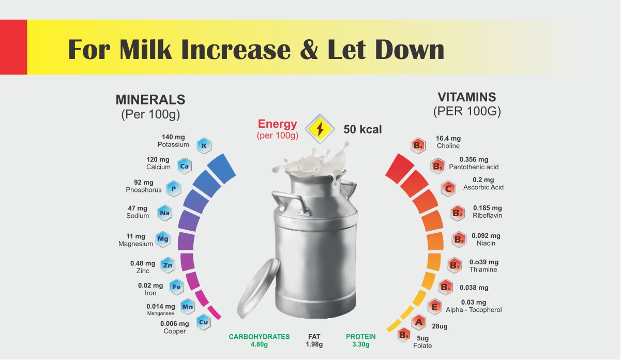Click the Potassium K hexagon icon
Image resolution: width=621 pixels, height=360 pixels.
pos(204,146)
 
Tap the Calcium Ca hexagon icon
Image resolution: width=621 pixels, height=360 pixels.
pos(184,166)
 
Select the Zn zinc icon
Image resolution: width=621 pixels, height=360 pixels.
pos(168,265)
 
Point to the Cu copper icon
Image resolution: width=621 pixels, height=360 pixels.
pos(204,322)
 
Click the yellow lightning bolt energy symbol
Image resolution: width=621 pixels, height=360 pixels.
pos(320,129)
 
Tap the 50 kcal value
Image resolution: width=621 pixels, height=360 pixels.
pos(362,129)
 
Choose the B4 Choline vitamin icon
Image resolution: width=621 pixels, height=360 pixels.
pos(418,146)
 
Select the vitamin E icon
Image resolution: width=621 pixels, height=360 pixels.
pos(435,307)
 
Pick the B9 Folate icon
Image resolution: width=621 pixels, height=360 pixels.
pos(404,335)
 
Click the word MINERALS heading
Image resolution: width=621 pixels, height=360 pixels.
pos(150,100)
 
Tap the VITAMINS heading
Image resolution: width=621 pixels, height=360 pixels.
pos(466,97)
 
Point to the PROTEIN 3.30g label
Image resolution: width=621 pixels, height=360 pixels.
pos(361,340)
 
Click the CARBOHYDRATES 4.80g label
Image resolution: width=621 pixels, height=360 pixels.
pos(259,340)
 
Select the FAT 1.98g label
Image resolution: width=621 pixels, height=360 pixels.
pos(314,340)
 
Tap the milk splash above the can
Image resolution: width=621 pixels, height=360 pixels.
pos(310,163)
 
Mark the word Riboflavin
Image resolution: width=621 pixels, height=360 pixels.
pos(487,215)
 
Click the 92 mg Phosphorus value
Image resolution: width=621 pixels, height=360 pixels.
pos(144,183)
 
